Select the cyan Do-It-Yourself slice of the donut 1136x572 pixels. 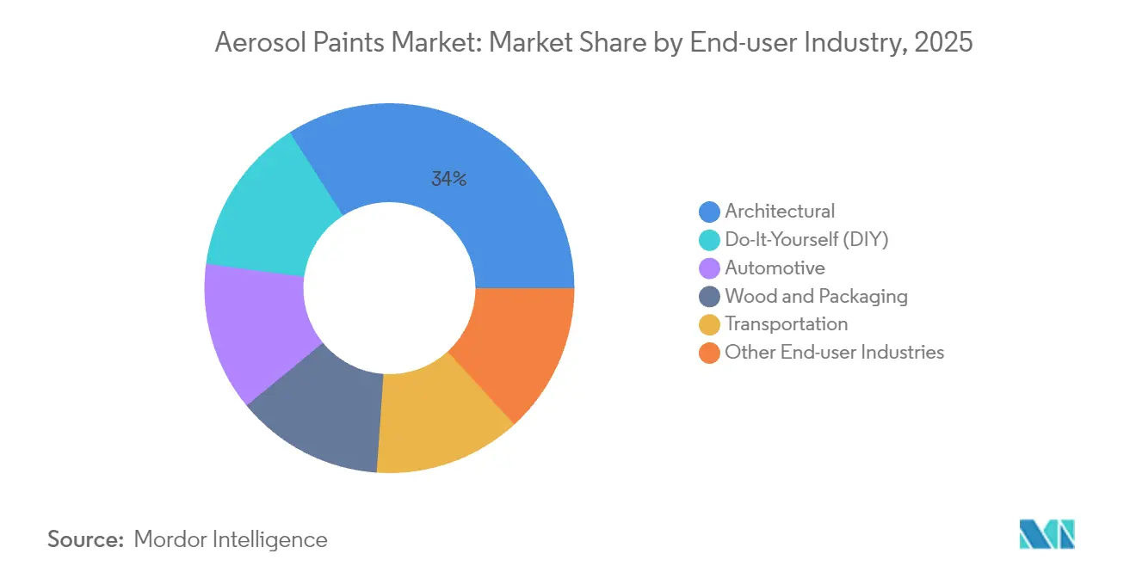[267, 206]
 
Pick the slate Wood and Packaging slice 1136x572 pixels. [318, 413]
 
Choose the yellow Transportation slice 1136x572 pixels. [439, 421]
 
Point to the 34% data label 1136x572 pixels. [448, 179]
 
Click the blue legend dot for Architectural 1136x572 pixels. [709, 212]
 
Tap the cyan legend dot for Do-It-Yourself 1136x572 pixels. [709, 240]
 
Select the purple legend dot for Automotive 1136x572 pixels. [709, 268]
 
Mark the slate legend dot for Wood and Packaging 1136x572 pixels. [709, 297]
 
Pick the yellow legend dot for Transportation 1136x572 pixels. [709, 324]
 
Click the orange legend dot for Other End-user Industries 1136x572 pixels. [709, 353]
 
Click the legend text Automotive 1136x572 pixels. [775, 268]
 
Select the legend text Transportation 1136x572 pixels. [786, 324]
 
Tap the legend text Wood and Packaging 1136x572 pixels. [816, 297]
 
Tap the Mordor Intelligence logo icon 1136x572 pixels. [1046, 534]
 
